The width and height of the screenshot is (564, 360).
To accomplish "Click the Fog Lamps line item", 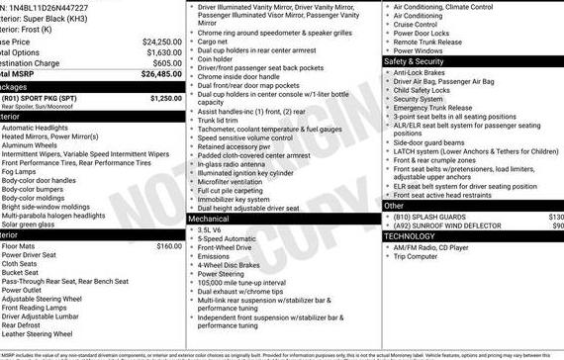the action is [x=21, y=171].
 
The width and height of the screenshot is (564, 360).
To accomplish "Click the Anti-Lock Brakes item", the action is [x=424, y=72].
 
